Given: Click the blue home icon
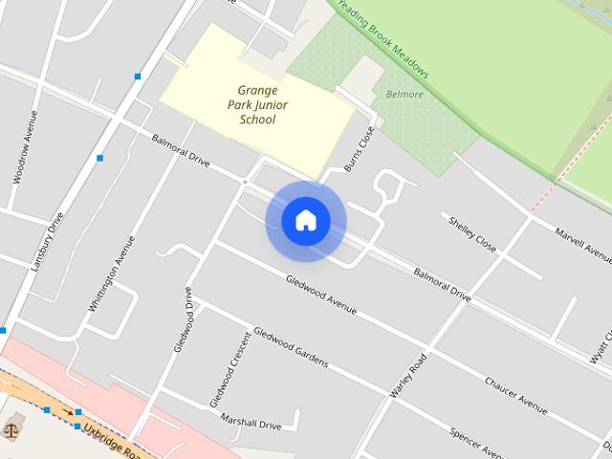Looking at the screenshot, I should [306, 221].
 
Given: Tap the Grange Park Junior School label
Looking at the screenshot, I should [255, 104].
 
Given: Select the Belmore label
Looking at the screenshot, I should [404, 95].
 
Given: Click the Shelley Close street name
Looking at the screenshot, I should [472, 233].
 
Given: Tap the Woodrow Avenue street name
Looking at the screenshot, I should [25, 147].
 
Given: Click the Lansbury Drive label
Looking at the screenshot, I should [47, 241].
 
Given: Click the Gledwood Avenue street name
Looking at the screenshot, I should [320, 295].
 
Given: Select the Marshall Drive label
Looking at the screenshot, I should [251, 420].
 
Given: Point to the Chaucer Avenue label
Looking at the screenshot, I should [515, 396].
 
